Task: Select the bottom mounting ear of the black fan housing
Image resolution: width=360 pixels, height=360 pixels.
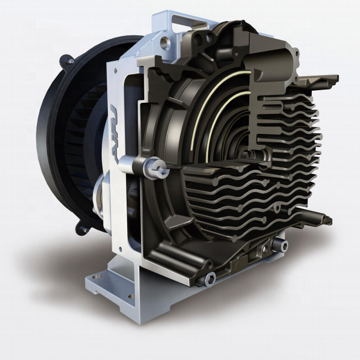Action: (x=84, y=228)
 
